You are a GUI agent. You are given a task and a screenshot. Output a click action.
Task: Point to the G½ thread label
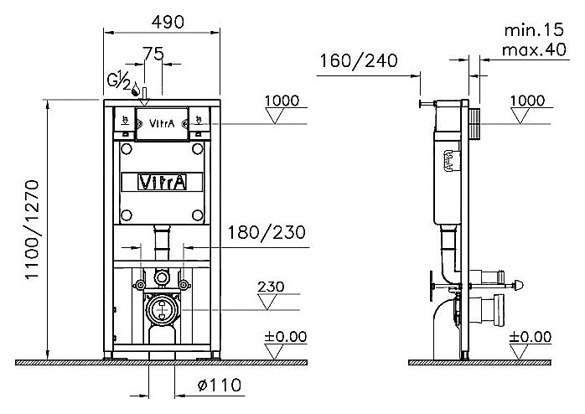[x=118, y=82]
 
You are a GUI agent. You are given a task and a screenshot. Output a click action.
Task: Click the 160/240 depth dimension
[x=358, y=60]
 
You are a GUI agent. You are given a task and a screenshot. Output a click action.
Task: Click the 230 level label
[x=271, y=286]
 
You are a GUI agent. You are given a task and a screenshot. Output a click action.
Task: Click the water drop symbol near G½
[x=135, y=85]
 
